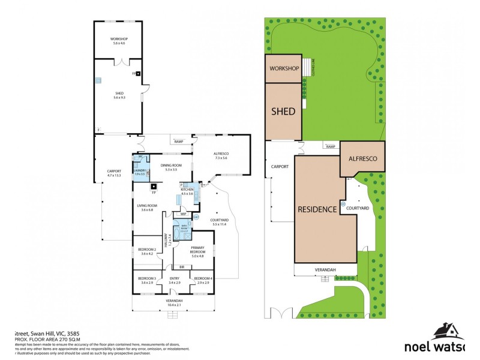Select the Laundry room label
pos(140,172)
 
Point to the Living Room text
pos(146,208)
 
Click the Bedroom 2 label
pos(147,251)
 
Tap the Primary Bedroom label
pos(197,250)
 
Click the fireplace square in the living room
pos(154,185)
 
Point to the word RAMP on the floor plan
pos(178,142)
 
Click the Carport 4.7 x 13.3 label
pos(114,173)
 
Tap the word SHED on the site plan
pos(283,112)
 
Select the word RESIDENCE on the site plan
pos(317,209)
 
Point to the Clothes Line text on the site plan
pos(313,70)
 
